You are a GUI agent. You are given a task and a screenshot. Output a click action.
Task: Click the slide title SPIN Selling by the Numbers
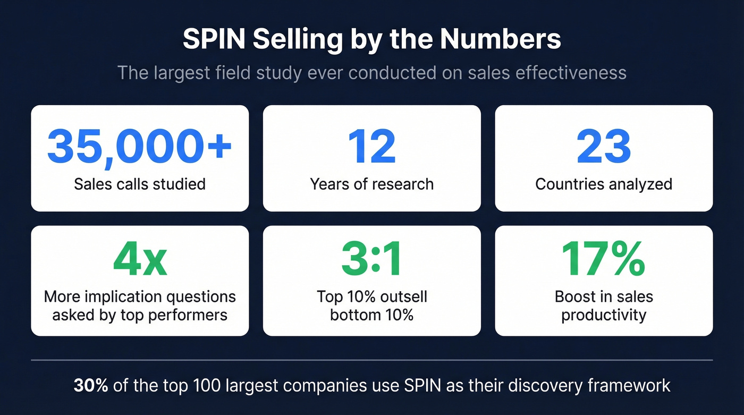point(371,40)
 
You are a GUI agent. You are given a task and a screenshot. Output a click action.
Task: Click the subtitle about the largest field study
point(371,72)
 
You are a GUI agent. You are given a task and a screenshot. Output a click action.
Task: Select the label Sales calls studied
point(140,184)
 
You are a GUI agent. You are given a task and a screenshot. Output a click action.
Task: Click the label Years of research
point(371,184)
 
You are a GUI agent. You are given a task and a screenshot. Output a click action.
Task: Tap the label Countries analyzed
point(604,184)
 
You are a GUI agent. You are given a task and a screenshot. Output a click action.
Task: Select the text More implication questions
point(140,297)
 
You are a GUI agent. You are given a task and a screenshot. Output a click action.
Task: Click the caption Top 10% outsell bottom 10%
point(371,306)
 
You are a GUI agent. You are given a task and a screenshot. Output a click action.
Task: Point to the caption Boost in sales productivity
point(604,306)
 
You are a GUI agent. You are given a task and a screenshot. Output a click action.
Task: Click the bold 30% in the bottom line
point(91,385)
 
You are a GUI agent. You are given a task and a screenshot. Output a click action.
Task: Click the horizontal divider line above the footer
point(371,360)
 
